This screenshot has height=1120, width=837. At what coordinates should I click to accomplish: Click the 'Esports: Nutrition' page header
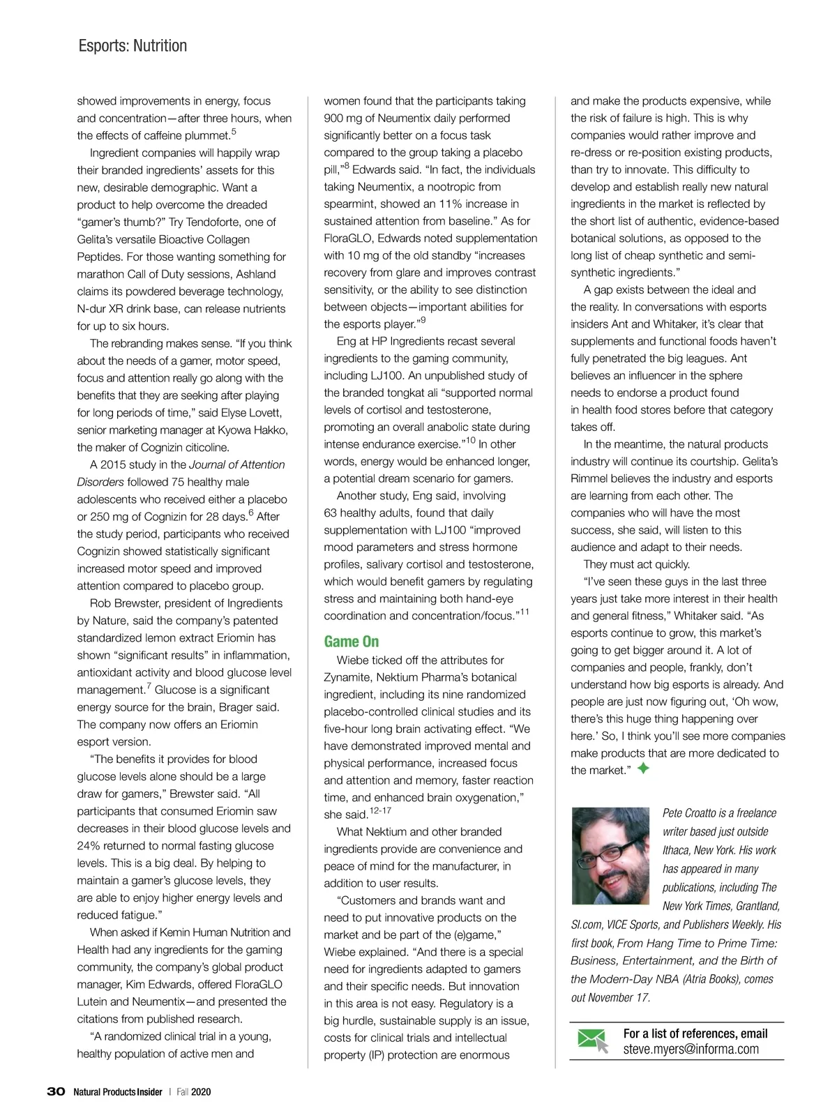pyautogui.click(x=133, y=46)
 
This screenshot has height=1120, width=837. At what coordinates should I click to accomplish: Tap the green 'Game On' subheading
pyautogui.click(x=352, y=641)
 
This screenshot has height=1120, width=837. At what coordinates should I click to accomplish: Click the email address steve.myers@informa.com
pyautogui.click(x=691, y=1049)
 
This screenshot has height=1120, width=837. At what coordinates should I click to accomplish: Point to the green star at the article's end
pyautogui.click(x=644, y=769)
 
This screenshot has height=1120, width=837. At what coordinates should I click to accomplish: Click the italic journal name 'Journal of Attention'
pyautogui.click(x=237, y=464)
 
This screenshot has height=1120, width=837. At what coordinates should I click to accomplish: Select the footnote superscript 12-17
pyautogui.click(x=380, y=811)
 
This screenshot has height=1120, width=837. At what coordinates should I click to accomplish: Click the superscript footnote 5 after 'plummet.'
pyautogui.click(x=234, y=131)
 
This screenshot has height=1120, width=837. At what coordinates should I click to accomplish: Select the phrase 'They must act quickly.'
pyautogui.click(x=636, y=564)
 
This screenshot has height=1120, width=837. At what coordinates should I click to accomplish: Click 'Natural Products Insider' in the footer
pyautogui.click(x=118, y=1091)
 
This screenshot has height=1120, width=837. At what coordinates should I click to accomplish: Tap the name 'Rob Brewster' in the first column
pyautogui.click(x=123, y=603)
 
